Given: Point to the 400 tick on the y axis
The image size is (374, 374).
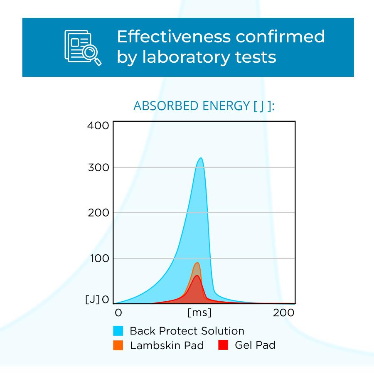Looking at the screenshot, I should tap(98, 125).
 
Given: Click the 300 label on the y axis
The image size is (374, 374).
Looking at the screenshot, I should tap(98, 167).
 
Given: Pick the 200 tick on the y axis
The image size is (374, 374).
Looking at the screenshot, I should tap(98, 213).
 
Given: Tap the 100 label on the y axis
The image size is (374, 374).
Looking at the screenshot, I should tap(98, 258).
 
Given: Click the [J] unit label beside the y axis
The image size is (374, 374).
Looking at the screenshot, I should tap(92, 300).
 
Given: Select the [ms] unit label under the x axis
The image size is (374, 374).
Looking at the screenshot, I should tap(199, 312).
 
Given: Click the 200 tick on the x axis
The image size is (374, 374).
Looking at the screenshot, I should tap(284, 312).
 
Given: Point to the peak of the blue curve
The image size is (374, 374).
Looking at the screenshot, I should tap(201, 158).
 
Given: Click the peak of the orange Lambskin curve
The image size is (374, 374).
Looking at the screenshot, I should tap(197, 263).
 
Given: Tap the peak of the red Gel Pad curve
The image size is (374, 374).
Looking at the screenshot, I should tap(197, 276).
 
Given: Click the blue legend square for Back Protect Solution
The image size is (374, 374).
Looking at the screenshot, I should tap(118, 331).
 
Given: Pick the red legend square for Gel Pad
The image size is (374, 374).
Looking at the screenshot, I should tap(223, 345).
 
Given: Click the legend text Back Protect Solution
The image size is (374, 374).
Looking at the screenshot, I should tap(187, 331).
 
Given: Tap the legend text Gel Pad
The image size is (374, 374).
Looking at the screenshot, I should tap(255, 345).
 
